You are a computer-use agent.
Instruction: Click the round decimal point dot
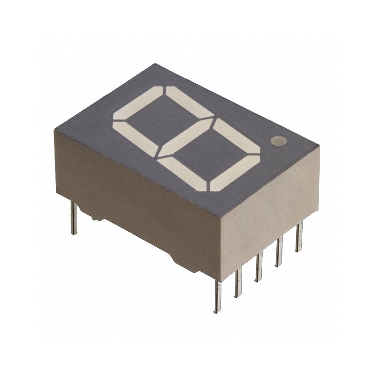pos(279,140)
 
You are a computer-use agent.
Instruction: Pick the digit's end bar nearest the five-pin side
pos(234,173)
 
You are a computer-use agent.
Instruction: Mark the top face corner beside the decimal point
pos(319,146)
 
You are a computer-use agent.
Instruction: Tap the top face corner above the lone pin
pos(56,130)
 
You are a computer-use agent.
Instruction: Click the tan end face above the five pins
pos(270,207)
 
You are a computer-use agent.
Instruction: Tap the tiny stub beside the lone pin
pos(94,218)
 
